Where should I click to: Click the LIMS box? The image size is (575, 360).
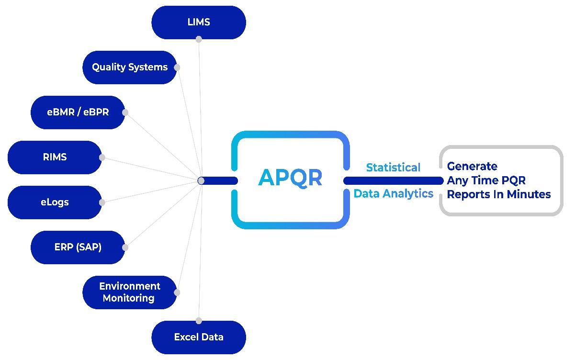pos(199,22)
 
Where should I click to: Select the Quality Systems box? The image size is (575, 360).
pos(130,67)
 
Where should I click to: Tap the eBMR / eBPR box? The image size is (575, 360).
pos(78,112)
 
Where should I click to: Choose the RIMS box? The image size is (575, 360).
pos(55,157)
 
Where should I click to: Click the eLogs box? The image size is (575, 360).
pos(55,202)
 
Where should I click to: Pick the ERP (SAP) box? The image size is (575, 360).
pos(78,247)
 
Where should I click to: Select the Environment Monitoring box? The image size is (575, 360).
pos(130,292)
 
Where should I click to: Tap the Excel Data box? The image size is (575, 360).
pos(199,337)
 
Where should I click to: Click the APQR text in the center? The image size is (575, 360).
pos(290,178)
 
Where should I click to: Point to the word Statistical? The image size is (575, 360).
pos(393,168)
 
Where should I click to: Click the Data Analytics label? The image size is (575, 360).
pos(394,193)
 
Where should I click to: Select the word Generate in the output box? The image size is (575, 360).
pos(472,167)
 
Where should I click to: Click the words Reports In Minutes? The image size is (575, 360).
pos(499,194)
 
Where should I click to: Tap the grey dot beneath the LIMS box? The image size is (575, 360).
pos(199,39)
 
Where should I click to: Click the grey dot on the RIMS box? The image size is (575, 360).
pos(102,157)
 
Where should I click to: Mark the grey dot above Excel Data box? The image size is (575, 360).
pos(199,321)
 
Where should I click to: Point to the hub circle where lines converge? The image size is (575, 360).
pos(201,180)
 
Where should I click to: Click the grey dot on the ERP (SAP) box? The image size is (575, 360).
pos(125,247)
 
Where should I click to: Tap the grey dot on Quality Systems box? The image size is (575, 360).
pos(177,67)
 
